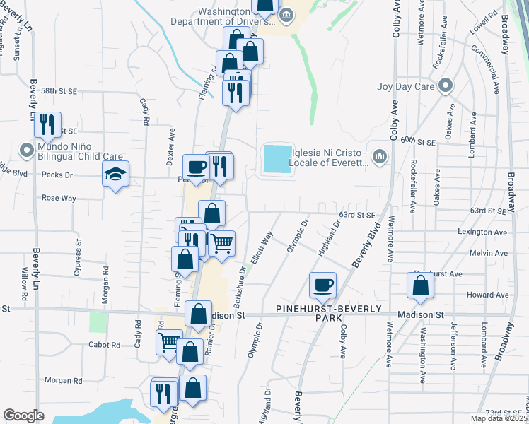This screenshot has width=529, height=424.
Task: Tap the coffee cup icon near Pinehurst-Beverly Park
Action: (x=322, y=285)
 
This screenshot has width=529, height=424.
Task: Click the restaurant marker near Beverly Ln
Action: (x=47, y=125)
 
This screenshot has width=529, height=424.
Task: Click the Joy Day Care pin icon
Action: (x=445, y=86)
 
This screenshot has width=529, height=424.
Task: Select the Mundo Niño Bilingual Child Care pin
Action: (x=26, y=150)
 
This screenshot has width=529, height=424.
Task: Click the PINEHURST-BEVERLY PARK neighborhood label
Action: (x=329, y=314)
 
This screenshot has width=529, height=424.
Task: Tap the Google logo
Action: (x=23, y=416)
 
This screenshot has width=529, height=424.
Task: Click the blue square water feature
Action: (x=277, y=158)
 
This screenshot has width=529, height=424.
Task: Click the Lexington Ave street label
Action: (x=483, y=232)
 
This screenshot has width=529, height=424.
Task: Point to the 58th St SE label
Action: (x=59, y=91)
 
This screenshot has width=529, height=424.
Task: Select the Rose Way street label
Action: (x=59, y=199)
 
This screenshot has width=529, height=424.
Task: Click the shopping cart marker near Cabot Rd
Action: (x=169, y=342)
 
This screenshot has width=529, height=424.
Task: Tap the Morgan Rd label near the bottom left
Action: (x=63, y=379)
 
